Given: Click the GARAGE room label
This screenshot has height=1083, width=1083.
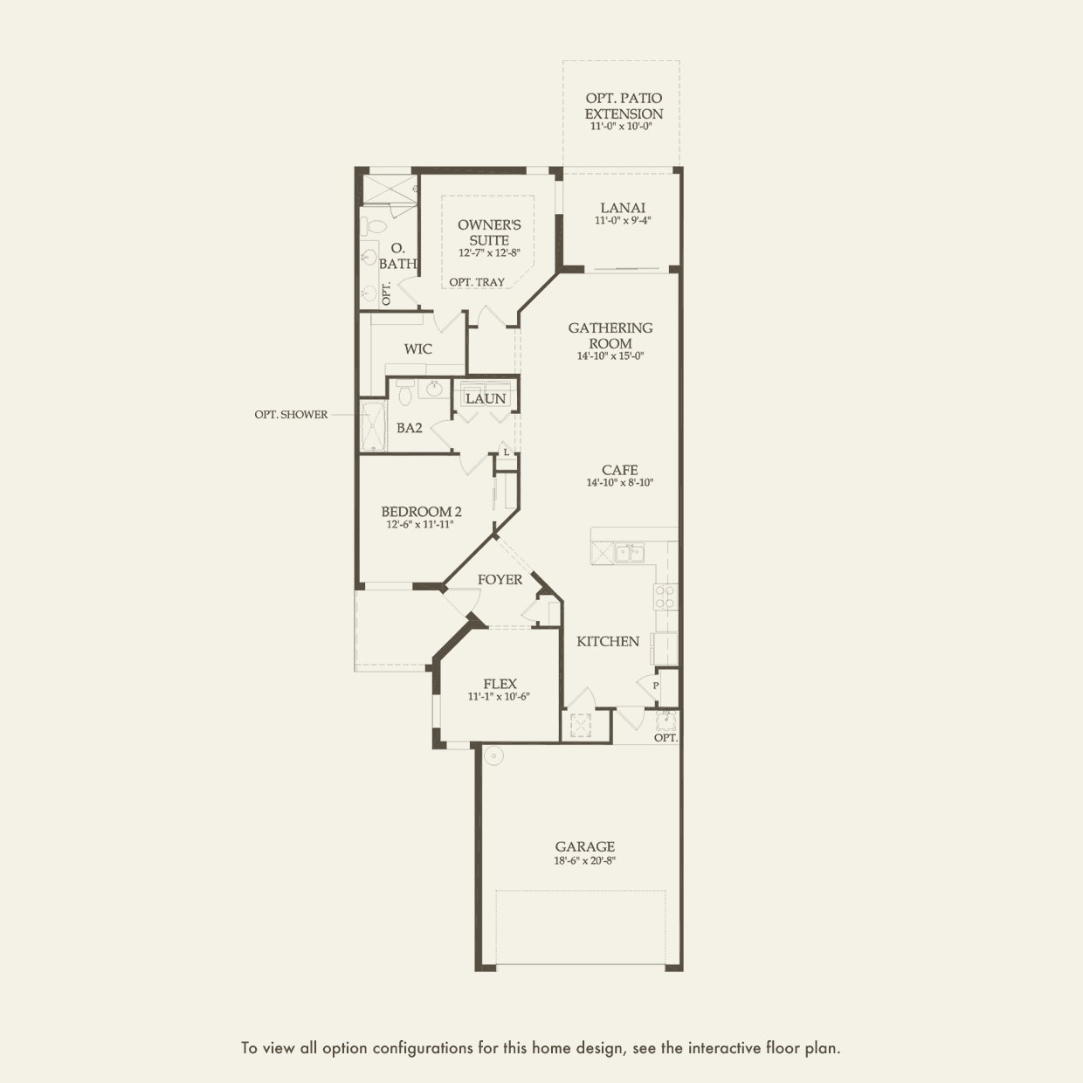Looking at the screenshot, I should [585, 846].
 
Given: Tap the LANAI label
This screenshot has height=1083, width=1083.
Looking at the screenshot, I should [623, 208].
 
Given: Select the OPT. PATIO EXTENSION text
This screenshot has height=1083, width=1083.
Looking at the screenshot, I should [624, 107].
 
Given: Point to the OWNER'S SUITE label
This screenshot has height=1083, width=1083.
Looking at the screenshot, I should [489, 232].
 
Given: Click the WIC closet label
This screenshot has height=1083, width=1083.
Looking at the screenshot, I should [417, 349].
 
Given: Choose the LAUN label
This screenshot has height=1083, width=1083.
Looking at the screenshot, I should [486, 399].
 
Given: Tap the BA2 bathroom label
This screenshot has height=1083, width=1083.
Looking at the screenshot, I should [410, 428].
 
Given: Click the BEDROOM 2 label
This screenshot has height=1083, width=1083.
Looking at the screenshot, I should [421, 512].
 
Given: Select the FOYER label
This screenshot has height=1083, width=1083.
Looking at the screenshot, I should [500, 580].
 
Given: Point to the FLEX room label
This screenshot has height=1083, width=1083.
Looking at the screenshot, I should [500, 684].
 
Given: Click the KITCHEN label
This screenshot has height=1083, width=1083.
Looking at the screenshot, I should [608, 641].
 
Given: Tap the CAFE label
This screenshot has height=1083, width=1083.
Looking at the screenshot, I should [619, 470].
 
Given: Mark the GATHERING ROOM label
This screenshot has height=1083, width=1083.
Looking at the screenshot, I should [610, 335].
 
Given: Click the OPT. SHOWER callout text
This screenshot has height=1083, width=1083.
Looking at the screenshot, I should [291, 415].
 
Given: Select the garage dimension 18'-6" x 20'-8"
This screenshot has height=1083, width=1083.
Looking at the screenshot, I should [585, 861].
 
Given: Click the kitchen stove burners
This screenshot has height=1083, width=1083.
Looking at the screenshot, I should [665, 597].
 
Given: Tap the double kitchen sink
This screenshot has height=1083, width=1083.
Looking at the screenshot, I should [629, 552].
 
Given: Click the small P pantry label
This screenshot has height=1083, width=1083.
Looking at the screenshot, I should [656, 686].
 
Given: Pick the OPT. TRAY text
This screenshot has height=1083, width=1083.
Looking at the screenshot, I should [477, 282].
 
